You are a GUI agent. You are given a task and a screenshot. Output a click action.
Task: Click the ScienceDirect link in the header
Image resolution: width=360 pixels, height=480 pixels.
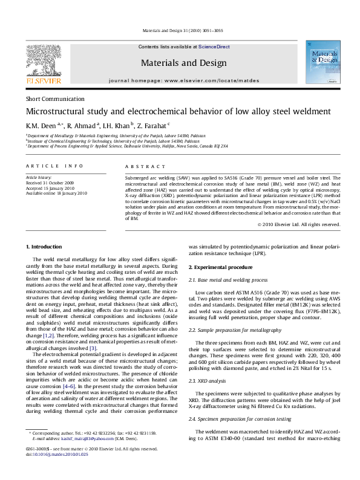pos(214,47)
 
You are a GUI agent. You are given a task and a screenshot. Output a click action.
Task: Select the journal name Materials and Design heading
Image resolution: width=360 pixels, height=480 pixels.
pos(183,63)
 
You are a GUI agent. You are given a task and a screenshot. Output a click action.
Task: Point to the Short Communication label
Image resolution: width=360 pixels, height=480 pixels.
pos(55,99)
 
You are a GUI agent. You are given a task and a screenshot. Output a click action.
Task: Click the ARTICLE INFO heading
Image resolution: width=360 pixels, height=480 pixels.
pos(54,166)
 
